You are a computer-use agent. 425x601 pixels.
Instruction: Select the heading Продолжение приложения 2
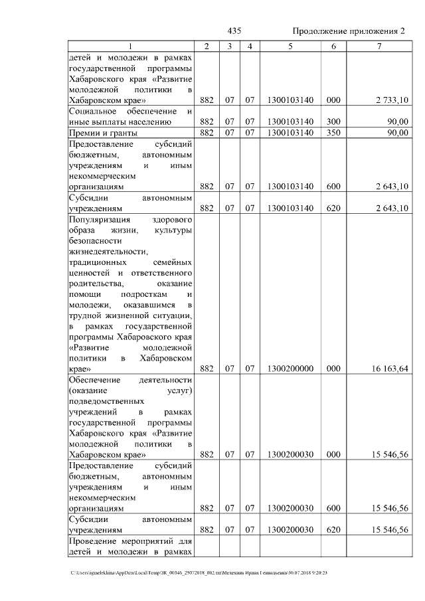point(349,31)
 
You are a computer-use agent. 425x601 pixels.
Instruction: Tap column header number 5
point(290,46)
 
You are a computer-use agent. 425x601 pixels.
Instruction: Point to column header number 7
point(379,46)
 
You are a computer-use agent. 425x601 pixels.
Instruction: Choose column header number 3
point(228,46)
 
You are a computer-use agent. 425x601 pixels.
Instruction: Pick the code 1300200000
point(290,368)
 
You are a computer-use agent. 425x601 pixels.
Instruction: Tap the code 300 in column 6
point(333,122)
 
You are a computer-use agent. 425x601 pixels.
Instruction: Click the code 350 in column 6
point(333,133)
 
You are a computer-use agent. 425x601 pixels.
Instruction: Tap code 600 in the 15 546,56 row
point(333,508)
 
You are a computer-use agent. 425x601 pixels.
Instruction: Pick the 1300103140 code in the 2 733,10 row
point(290,100)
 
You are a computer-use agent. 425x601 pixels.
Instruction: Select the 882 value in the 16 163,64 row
point(207,368)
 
